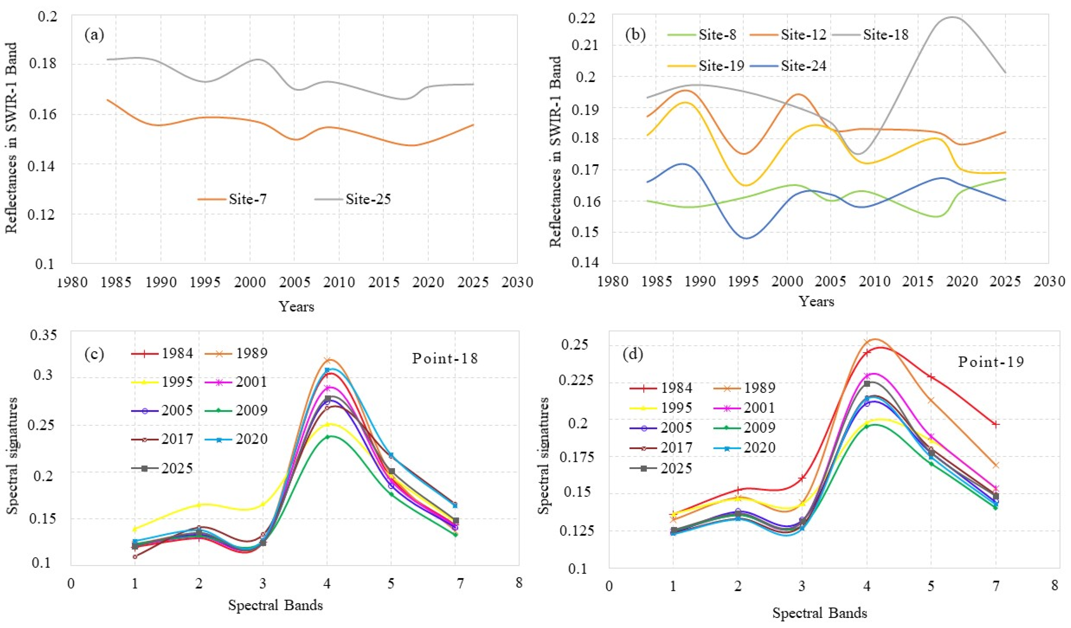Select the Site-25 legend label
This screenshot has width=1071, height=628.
(x=353, y=199)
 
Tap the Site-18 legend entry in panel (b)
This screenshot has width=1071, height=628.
(x=870, y=35)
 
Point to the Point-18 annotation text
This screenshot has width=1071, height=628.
(x=445, y=358)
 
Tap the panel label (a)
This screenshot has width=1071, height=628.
(x=94, y=35)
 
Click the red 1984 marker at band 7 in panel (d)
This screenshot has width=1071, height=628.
(x=995, y=424)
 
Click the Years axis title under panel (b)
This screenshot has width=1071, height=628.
(x=816, y=302)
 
